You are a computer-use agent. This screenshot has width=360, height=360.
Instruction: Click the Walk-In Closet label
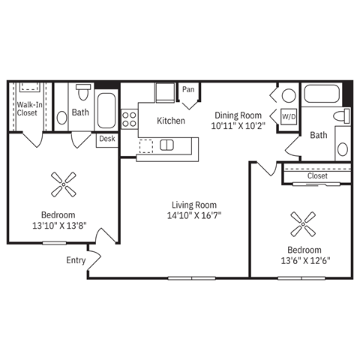pyautogui.click(x=27, y=108)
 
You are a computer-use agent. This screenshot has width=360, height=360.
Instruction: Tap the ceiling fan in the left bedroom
pyautogui.click(x=64, y=183)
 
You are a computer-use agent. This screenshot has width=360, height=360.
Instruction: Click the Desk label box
pyautogui.click(x=106, y=139)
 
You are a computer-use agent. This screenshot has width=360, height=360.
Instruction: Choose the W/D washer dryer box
pyautogui.click(x=288, y=117)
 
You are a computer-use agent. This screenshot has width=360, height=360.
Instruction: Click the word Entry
pyautogui.click(x=76, y=261)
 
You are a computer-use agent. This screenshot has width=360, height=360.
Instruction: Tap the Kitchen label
pyautogui.click(x=171, y=120)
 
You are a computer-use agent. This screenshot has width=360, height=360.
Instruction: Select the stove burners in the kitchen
pyautogui.click(x=129, y=118)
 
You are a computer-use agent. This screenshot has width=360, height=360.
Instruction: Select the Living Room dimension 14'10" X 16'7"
pyautogui.click(x=193, y=215)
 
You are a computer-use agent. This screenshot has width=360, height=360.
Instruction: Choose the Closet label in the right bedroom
pyautogui.click(x=317, y=176)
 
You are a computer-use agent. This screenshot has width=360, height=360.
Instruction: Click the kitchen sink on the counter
pyautogui.click(x=167, y=145)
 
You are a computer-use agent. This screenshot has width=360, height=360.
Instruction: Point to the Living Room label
pyautogui.click(x=193, y=205)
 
